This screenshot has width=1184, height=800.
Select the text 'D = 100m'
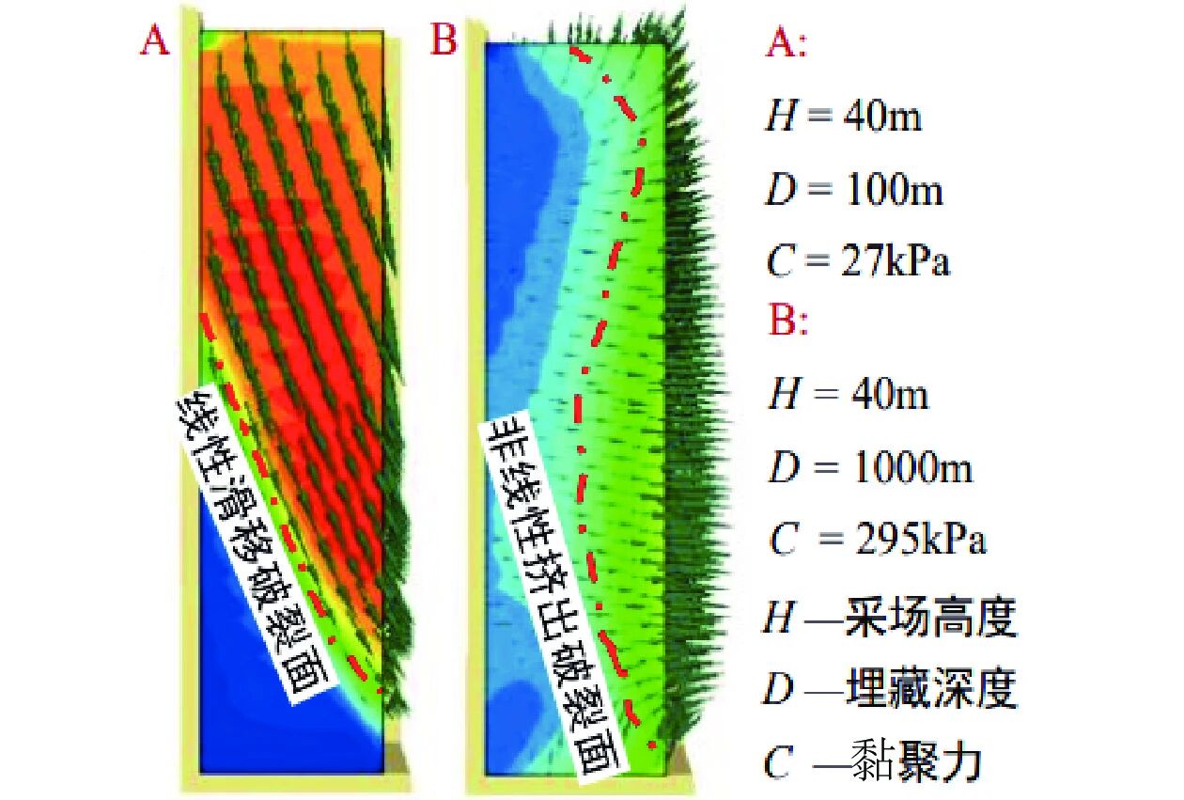click(x=855, y=191)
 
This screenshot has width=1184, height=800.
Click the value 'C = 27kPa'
click(x=858, y=260)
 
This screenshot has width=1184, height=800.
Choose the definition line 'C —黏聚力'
click(x=872, y=761)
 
